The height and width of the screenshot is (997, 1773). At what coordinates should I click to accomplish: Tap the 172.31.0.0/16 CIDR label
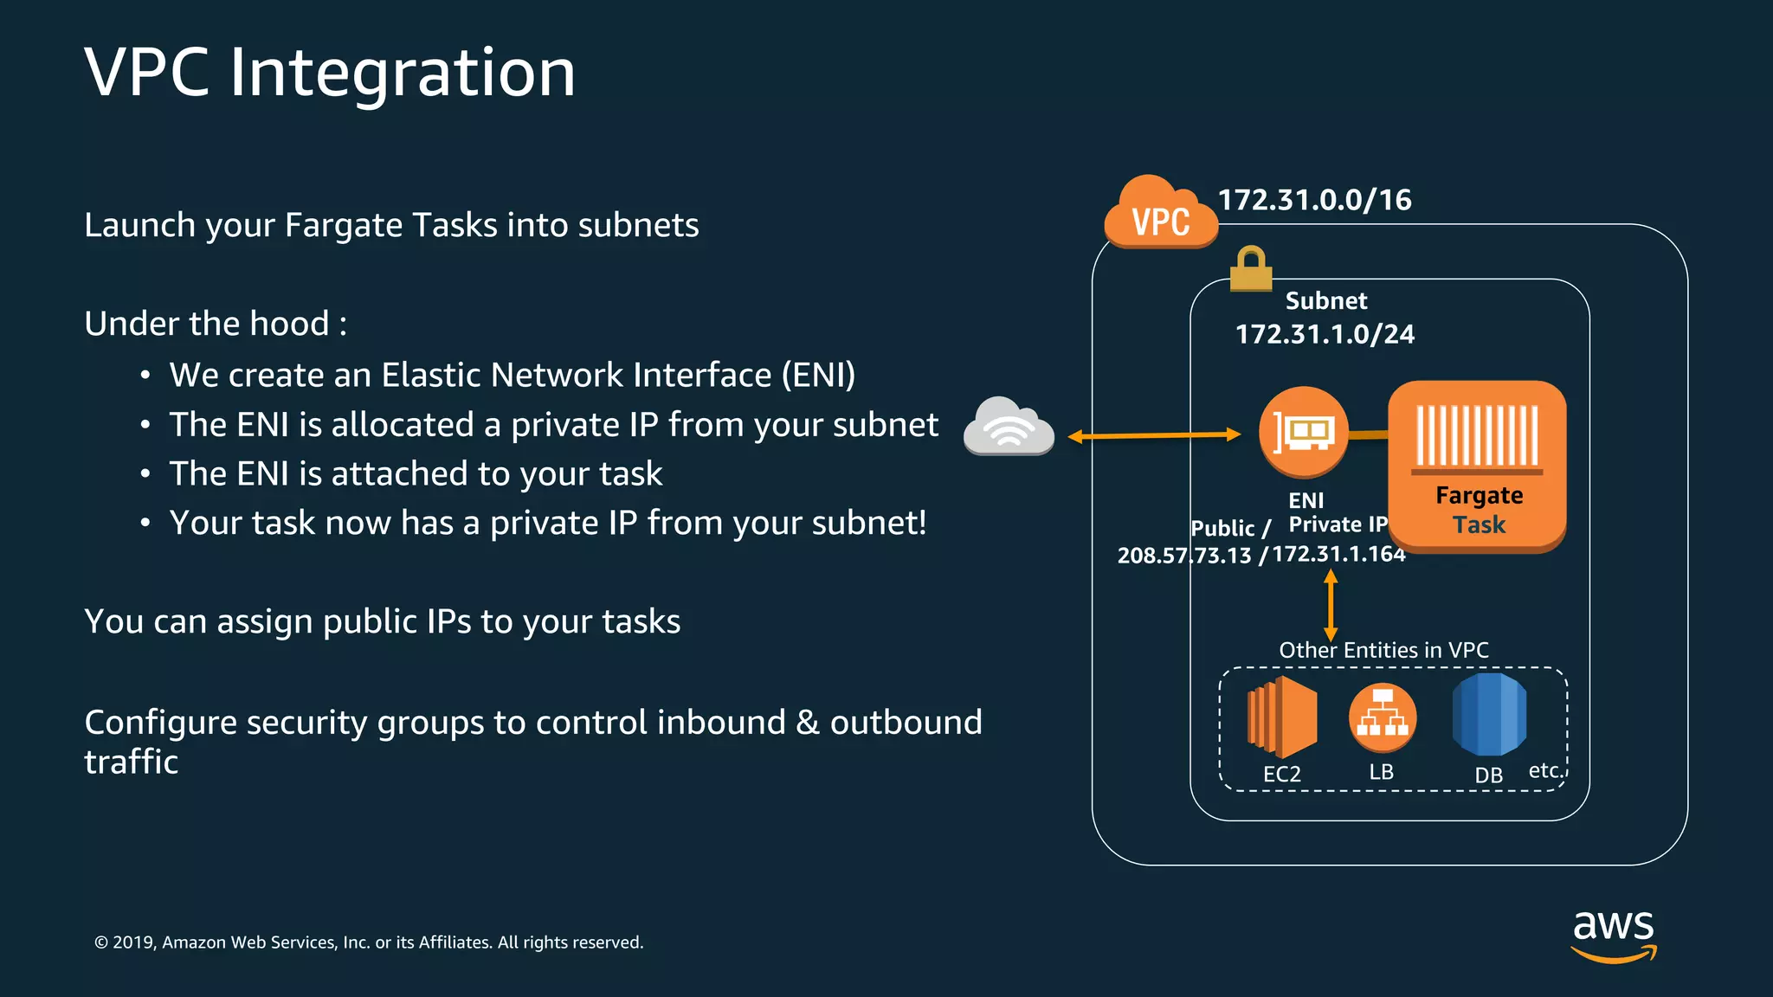coord(1314,200)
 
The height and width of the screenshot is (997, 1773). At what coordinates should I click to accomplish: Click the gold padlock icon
coord(1251,269)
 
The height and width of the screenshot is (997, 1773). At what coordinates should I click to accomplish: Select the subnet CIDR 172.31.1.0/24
coord(1325,334)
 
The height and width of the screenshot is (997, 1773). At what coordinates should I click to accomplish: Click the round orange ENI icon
coord(1303,431)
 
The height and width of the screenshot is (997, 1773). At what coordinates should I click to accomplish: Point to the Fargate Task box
coord(1478,466)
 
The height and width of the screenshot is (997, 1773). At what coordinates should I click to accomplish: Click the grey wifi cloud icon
coord(1009,426)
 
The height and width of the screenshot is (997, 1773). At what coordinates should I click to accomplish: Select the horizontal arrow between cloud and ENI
coord(1154,436)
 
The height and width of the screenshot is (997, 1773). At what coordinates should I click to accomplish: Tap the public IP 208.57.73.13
coord(1183,556)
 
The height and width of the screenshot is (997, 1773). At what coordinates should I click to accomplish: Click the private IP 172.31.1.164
coord(1338,554)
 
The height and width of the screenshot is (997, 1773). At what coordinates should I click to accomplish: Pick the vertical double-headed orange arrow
coord(1331,605)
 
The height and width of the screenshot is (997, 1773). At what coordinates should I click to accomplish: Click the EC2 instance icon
coord(1281,716)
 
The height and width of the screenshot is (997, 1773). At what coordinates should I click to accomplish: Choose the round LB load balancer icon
coord(1382,717)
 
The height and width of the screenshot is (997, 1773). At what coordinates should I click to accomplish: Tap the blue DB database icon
coord(1489,715)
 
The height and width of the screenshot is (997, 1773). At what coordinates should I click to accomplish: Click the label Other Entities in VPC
coord(1383,650)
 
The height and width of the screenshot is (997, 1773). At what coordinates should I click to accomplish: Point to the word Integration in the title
coord(402,73)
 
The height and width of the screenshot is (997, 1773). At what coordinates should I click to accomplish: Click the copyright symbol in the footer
coord(101,942)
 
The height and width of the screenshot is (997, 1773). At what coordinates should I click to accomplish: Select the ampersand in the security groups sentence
coord(807,722)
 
